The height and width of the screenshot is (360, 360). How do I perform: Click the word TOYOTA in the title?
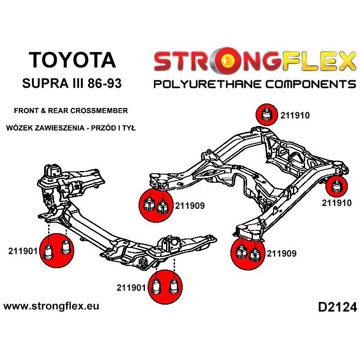[72, 60]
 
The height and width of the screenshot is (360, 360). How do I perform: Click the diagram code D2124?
[337, 308]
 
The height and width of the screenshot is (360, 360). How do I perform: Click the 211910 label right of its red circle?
[295, 115]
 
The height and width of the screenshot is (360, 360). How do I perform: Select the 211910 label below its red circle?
[337, 203]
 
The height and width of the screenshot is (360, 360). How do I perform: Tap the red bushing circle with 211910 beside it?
[266, 114]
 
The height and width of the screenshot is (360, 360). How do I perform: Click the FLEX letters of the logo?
[311, 62]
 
